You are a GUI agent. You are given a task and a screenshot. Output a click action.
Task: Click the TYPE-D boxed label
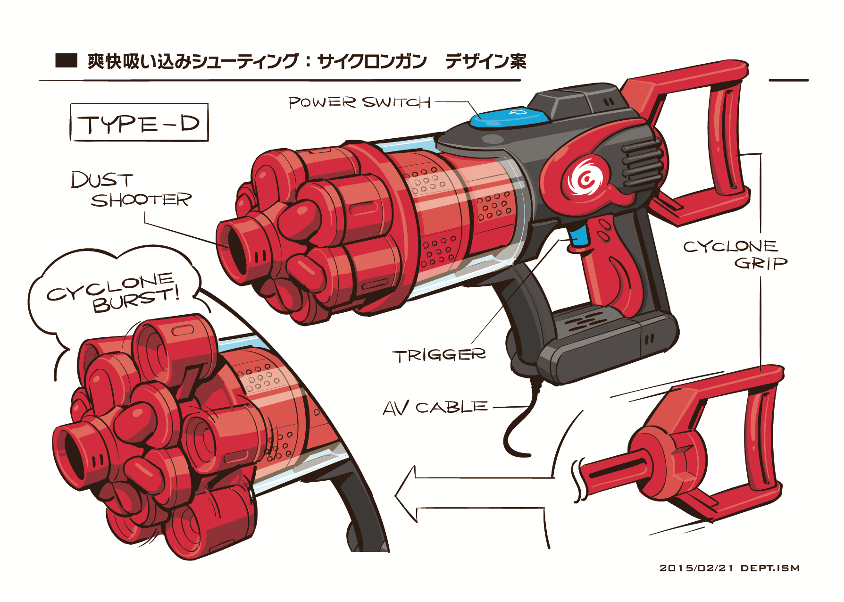pyautogui.click(x=139, y=123)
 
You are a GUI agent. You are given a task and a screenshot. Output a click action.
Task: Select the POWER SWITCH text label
pyautogui.click(x=359, y=102)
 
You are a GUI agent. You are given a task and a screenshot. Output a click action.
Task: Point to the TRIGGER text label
pyautogui.click(x=439, y=355)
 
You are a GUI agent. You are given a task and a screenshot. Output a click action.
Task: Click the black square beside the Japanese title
pyautogui.click(x=66, y=61)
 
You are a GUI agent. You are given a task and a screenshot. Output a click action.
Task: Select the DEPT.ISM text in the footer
pyautogui.click(x=770, y=568)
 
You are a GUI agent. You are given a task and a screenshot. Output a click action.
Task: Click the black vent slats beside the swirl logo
pyautogui.click(x=641, y=163)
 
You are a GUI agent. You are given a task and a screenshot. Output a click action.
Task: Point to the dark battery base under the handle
pyautogui.click(x=609, y=349)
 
